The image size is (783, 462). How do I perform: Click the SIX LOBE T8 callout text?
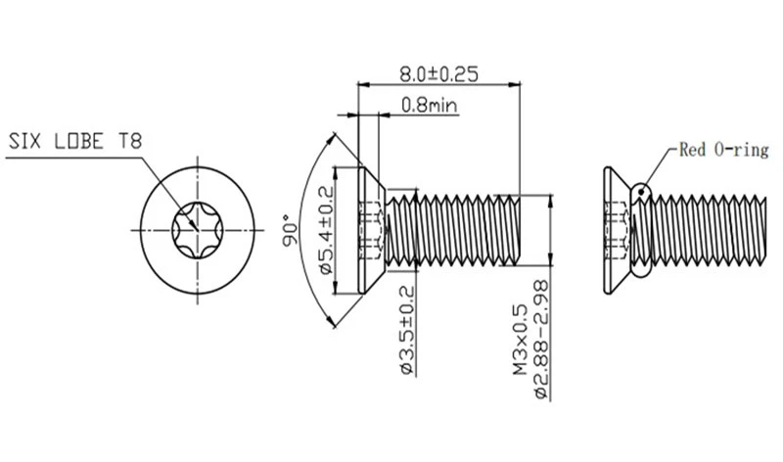point(75,141)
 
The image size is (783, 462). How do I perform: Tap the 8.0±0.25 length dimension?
point(438,74)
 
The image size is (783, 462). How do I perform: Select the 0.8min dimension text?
point(429,105)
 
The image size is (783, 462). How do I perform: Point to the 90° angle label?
point(290,230)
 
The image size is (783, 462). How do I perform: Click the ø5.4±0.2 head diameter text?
point(326,230)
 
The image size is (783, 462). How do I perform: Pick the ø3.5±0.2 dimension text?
point(407,330)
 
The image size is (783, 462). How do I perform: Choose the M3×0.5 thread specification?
point(520,340)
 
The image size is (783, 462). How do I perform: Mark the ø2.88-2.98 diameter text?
point(541,340)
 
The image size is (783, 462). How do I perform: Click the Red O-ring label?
point(723,150)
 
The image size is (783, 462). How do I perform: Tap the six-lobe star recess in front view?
point(198,230)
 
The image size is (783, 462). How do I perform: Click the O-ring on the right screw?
point(641,230)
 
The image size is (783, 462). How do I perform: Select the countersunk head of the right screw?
point(618,230)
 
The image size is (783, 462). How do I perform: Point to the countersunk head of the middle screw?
point(372,230)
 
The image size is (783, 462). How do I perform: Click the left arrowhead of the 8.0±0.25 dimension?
point(363,85)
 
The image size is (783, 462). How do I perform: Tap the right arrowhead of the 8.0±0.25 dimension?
point(515,85)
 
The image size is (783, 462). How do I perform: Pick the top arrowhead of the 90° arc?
point(332,137)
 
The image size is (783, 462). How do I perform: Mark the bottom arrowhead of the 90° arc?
point(332,323)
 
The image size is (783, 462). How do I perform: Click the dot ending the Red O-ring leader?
point(642,190)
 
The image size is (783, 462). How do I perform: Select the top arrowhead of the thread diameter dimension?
point(551,201)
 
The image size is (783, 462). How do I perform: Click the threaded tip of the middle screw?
point(516,230)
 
